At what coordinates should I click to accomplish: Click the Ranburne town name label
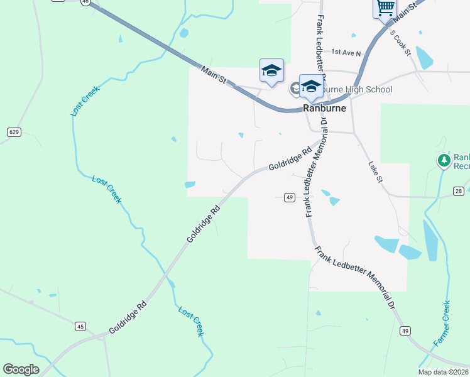[324, 108]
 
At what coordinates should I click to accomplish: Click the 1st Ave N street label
[346, 53]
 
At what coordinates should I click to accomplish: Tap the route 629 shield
[14, 132]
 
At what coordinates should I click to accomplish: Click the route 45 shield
[80, 326]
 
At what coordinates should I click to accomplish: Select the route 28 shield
[459, 191]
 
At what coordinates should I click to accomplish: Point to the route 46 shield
[85, 2]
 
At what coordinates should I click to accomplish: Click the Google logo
[21, 369]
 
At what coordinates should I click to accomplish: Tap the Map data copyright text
[444, 372]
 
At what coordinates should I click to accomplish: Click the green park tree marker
[444, 160]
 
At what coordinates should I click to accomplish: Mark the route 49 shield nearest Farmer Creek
[405, 331]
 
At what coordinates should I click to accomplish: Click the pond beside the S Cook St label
[425, 58]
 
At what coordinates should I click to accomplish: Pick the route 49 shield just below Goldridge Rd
[289, 197]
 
